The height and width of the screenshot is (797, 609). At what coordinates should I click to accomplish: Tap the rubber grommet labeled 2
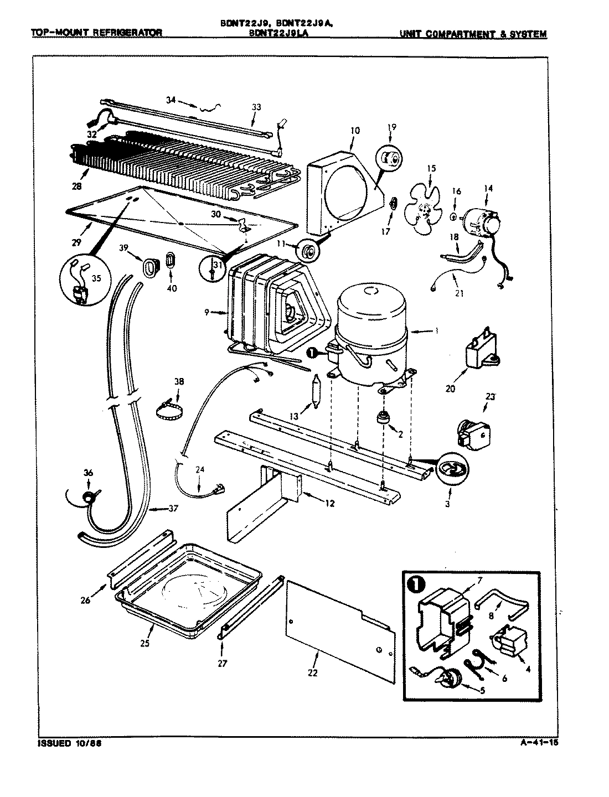(381, 418)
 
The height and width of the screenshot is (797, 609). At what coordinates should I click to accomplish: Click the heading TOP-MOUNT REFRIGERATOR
(96, 33)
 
